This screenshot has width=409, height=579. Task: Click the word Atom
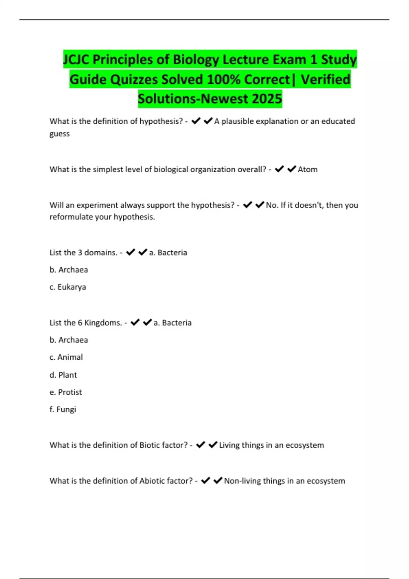(307, 169)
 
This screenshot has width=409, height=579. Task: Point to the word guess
(60, 134)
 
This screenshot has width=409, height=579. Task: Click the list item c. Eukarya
(68, 287)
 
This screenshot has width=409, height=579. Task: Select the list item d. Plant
(63, 375)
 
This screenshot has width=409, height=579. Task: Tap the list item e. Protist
(66, 392)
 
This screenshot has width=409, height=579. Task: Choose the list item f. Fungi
(63, 409)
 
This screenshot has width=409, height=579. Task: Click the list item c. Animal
(66, 357)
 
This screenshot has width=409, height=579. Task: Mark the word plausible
(237, 121)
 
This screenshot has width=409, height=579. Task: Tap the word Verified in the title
(325, 79)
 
